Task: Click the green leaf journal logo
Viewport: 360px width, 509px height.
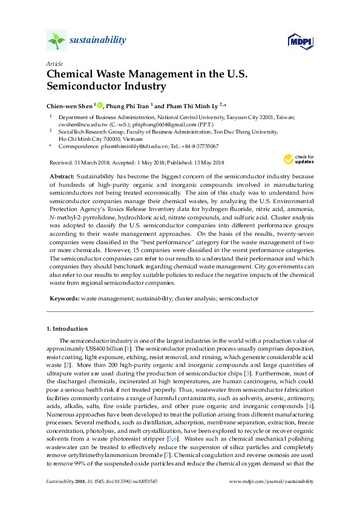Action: (56, 41)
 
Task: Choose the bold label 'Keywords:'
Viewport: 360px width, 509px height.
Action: (64, 298)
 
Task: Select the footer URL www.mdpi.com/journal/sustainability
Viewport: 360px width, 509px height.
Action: (272, 481)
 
